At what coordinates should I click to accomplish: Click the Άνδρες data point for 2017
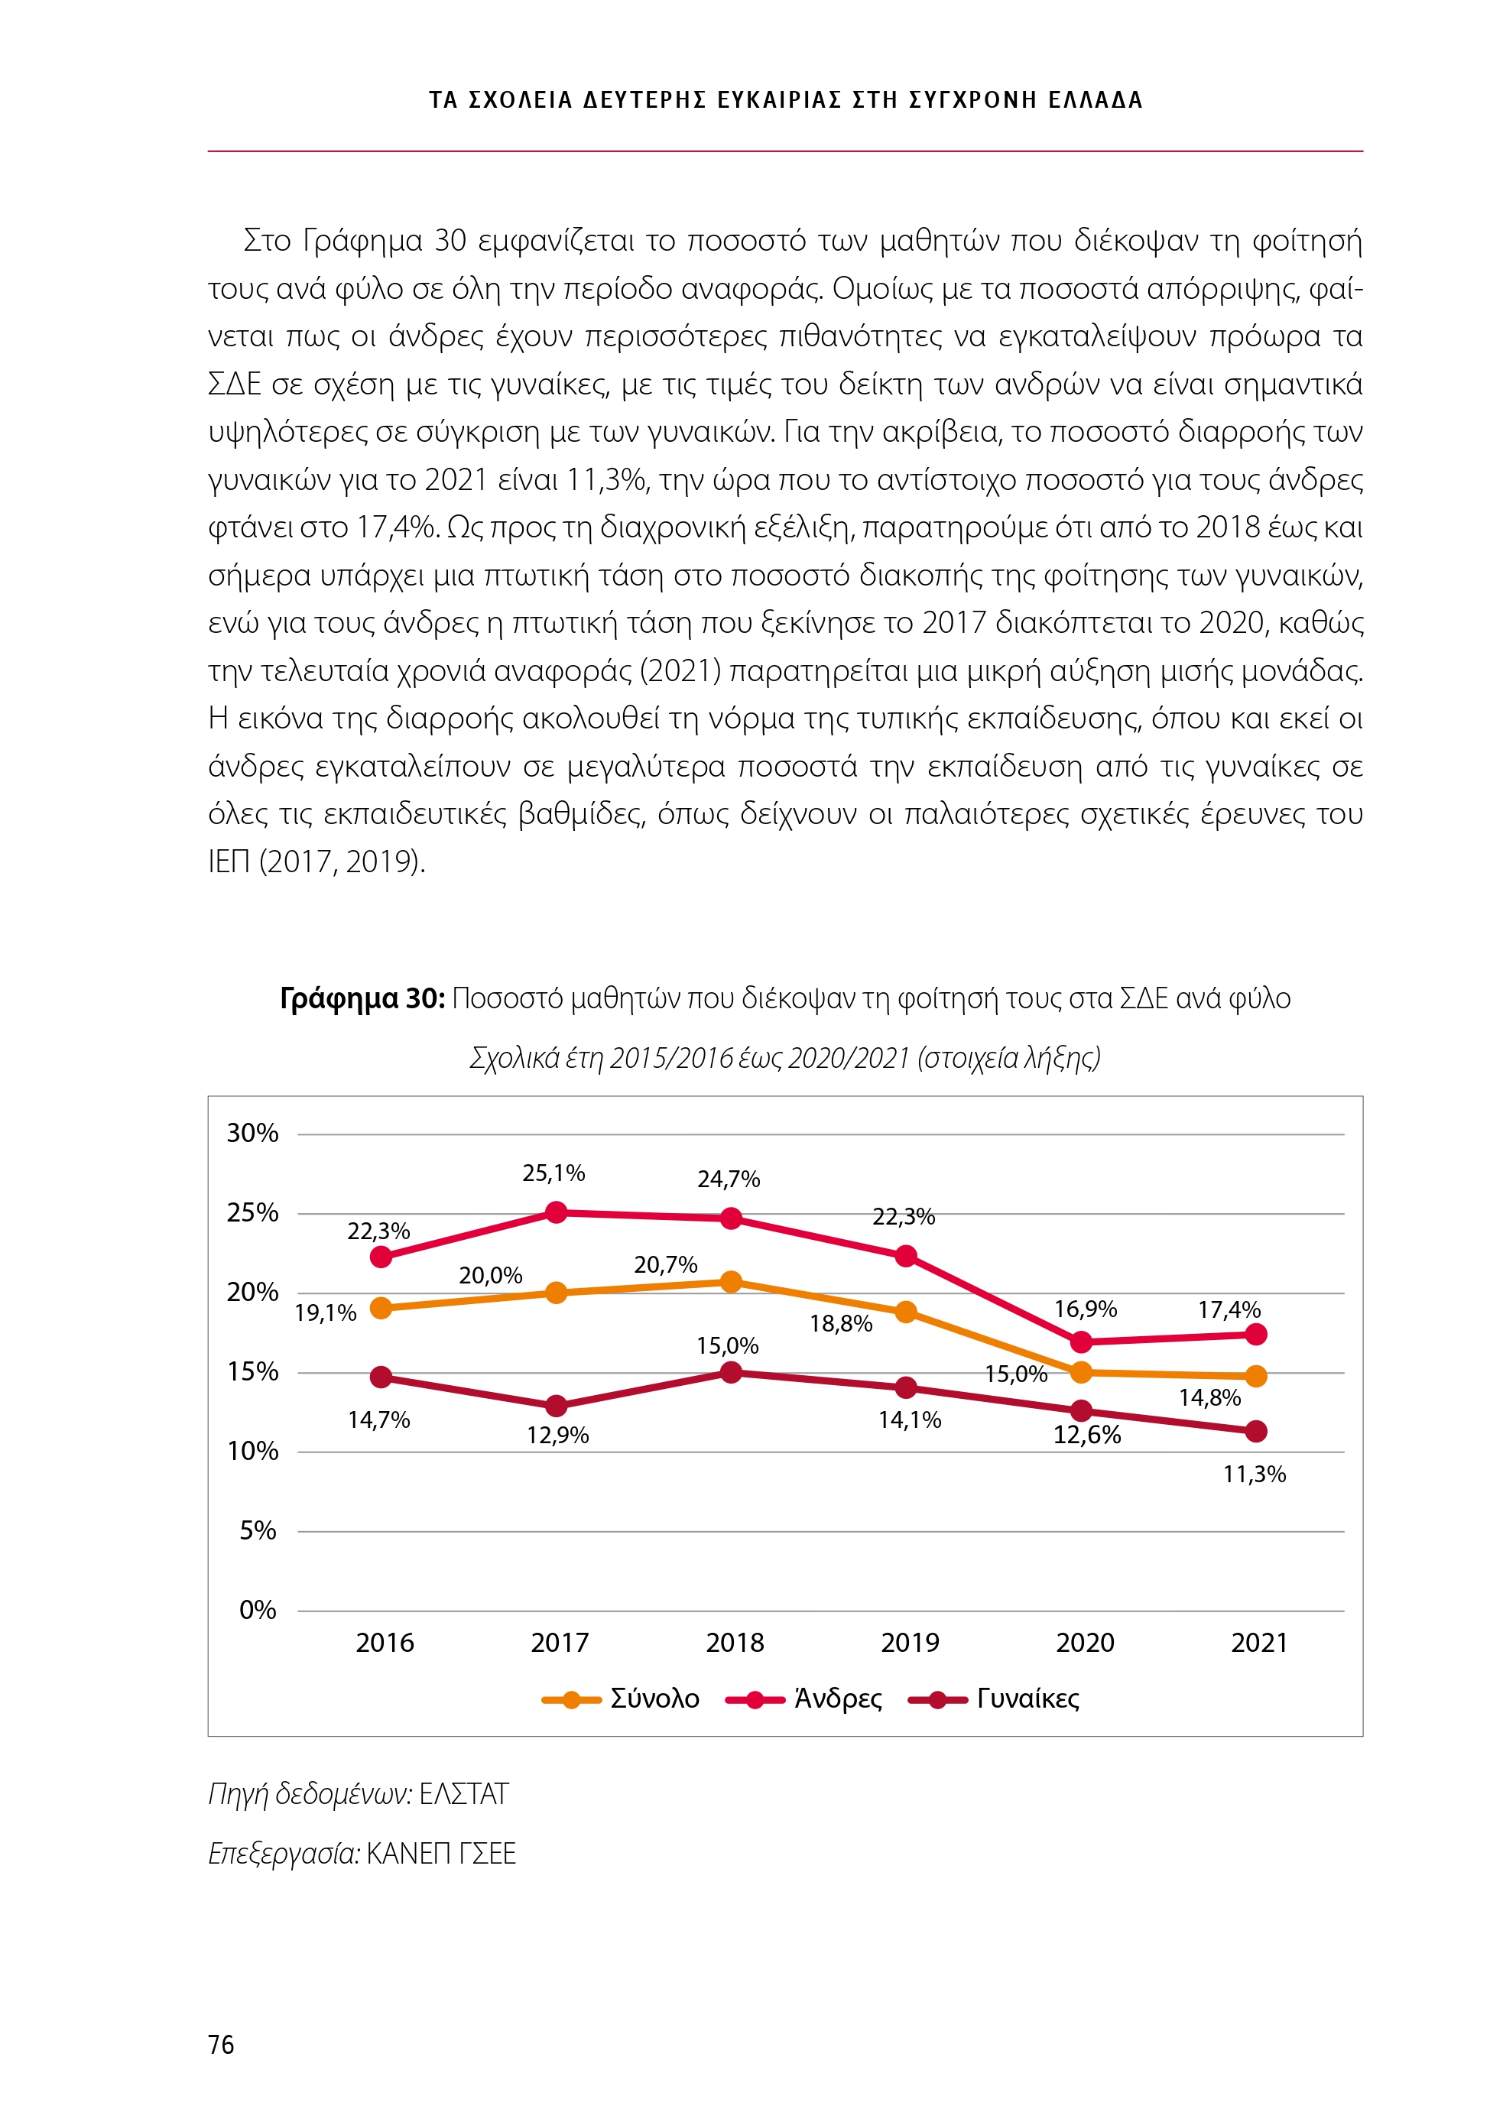(556, 1212)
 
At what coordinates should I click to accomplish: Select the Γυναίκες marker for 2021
(1255, 1431)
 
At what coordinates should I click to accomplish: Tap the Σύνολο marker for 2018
(730, 1281)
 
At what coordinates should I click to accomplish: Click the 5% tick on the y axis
(258, 1530)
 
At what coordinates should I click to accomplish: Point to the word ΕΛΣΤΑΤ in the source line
(463, 1794)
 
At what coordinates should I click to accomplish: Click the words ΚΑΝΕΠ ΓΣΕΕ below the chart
(441, 1853)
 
